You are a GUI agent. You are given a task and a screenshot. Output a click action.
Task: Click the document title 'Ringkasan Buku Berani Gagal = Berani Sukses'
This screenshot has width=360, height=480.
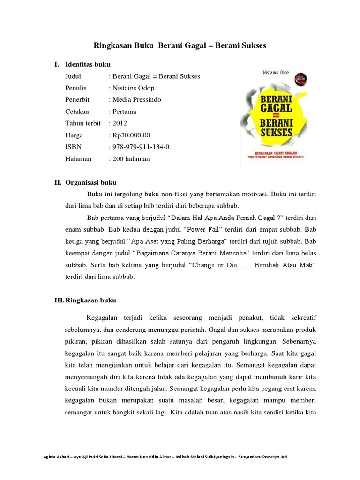pos(180,46)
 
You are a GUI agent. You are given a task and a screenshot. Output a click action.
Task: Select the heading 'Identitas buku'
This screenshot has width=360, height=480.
pos(88,64)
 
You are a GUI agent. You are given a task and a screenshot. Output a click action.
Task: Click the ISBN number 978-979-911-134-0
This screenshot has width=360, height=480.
pos(140,147)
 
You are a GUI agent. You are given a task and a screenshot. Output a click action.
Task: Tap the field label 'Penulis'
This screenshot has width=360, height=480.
pos(76,88)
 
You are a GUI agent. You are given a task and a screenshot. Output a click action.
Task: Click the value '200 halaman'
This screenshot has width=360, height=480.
pos(130,159)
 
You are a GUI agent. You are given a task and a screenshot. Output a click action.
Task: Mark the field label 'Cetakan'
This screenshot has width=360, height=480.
pos(77,112)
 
